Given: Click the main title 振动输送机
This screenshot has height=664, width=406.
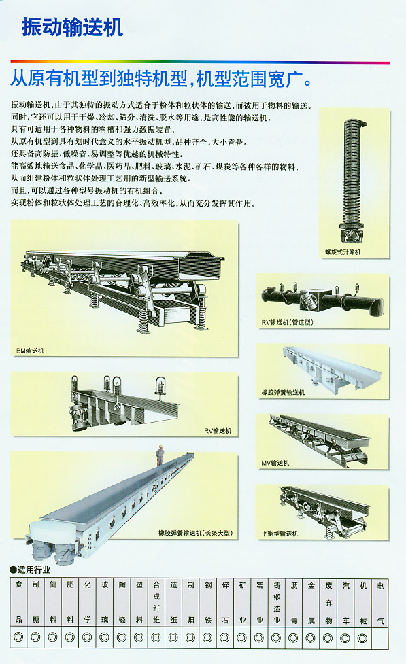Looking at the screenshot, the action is tap(73, 28).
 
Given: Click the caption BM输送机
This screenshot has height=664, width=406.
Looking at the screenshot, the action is tap(30, 351).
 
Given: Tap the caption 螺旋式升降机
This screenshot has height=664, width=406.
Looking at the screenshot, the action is tap(343, 252).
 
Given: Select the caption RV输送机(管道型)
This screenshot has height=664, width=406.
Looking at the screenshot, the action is tap(288, 322).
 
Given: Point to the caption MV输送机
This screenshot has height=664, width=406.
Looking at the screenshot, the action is tap(275, 463).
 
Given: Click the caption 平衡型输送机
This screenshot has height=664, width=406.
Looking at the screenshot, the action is tap(280, 534).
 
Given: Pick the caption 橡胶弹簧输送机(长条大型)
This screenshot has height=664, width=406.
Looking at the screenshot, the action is tap(195, 533).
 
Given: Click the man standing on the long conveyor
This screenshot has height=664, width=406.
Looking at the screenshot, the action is tap(160, 455).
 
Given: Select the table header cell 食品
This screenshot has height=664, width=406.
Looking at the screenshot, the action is tap(18, 601).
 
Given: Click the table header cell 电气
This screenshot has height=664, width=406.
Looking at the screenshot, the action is tap(380, 601).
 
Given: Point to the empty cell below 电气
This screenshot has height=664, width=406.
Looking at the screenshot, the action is tap(380, 637).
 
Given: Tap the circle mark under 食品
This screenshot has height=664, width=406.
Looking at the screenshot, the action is tap(18, 637).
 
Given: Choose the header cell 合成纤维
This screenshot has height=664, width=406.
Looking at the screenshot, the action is tap(156, 601).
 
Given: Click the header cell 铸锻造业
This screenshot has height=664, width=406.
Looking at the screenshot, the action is tap(277, 601).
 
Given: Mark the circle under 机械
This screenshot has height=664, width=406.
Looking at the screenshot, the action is tap(362, 637).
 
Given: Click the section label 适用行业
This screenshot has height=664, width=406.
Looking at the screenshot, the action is tap(30, 570).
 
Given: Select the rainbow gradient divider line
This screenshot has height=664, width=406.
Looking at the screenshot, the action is tap(200, 63).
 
